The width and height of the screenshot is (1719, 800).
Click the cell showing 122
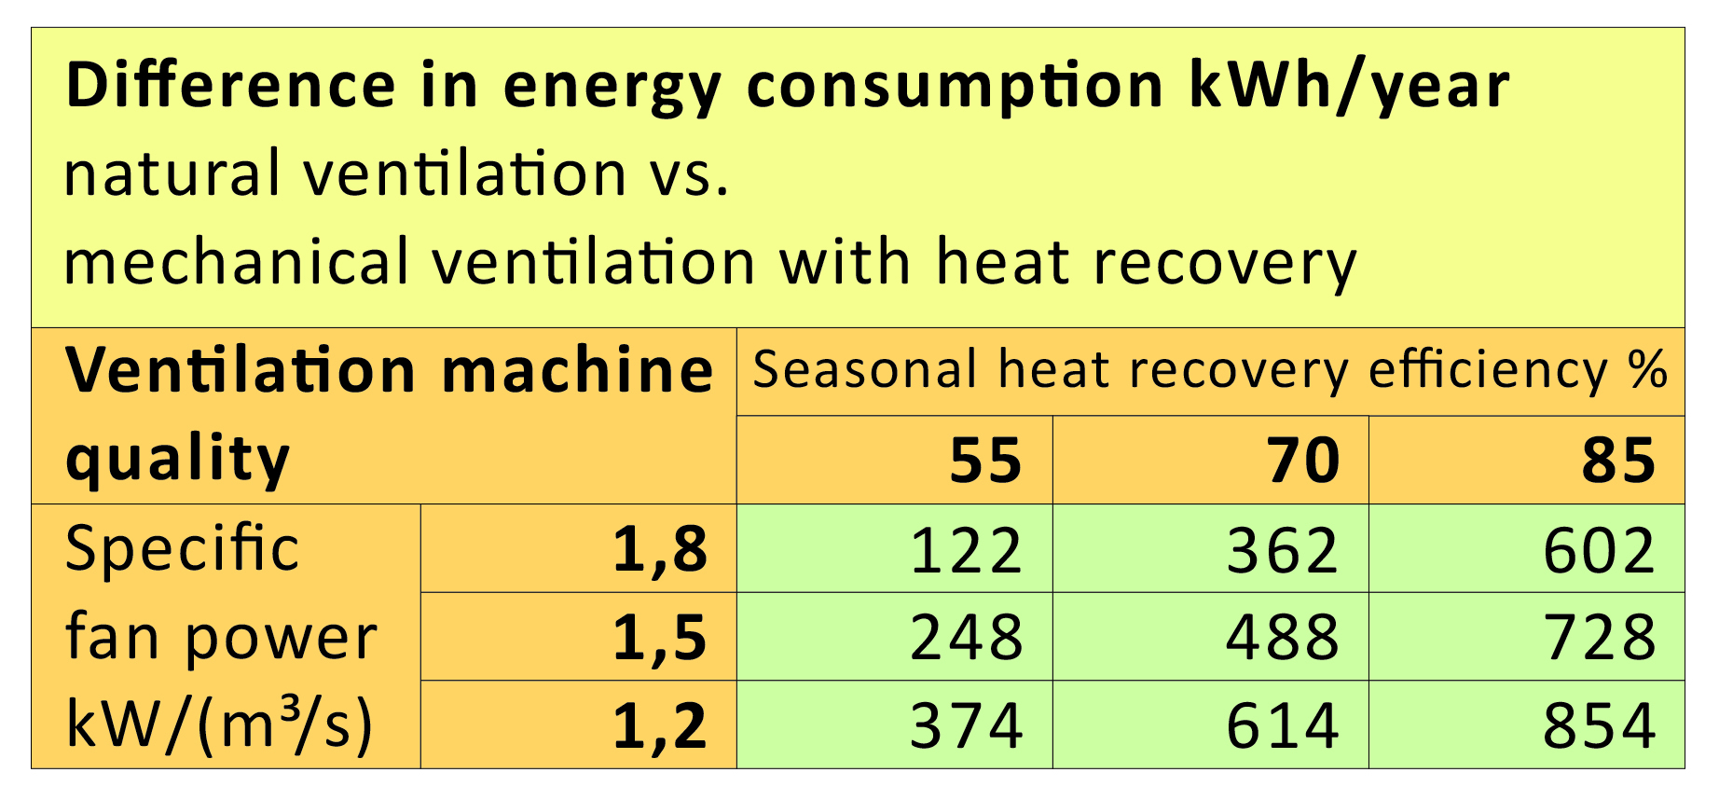[966, 550]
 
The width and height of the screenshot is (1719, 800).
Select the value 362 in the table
[1283, 550]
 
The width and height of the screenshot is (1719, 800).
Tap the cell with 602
[1599, 550]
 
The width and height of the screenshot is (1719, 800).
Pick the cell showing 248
[966, 638]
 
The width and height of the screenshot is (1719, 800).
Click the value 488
[1283, 638]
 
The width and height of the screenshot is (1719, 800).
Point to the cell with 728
[1599, 638]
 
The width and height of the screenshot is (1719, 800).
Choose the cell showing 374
[966, 725]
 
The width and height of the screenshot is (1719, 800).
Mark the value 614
[1283, 725]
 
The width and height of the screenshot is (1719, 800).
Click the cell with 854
[1599, 725]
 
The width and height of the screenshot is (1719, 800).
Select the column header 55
[985, 461]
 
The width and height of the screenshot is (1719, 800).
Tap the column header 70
[1303, 461]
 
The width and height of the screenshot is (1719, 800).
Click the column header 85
[1618, 461]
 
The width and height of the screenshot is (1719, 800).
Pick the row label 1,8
[660, 550]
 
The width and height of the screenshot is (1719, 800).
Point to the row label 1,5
[660, 639]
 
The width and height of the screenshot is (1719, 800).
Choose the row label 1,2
[660, 726]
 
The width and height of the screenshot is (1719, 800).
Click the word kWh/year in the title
[1348, 86]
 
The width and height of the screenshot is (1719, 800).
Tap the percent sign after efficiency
[1647, 369]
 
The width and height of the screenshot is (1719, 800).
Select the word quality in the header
[178, 460]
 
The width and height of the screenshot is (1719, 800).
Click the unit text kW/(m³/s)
[219, 724]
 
